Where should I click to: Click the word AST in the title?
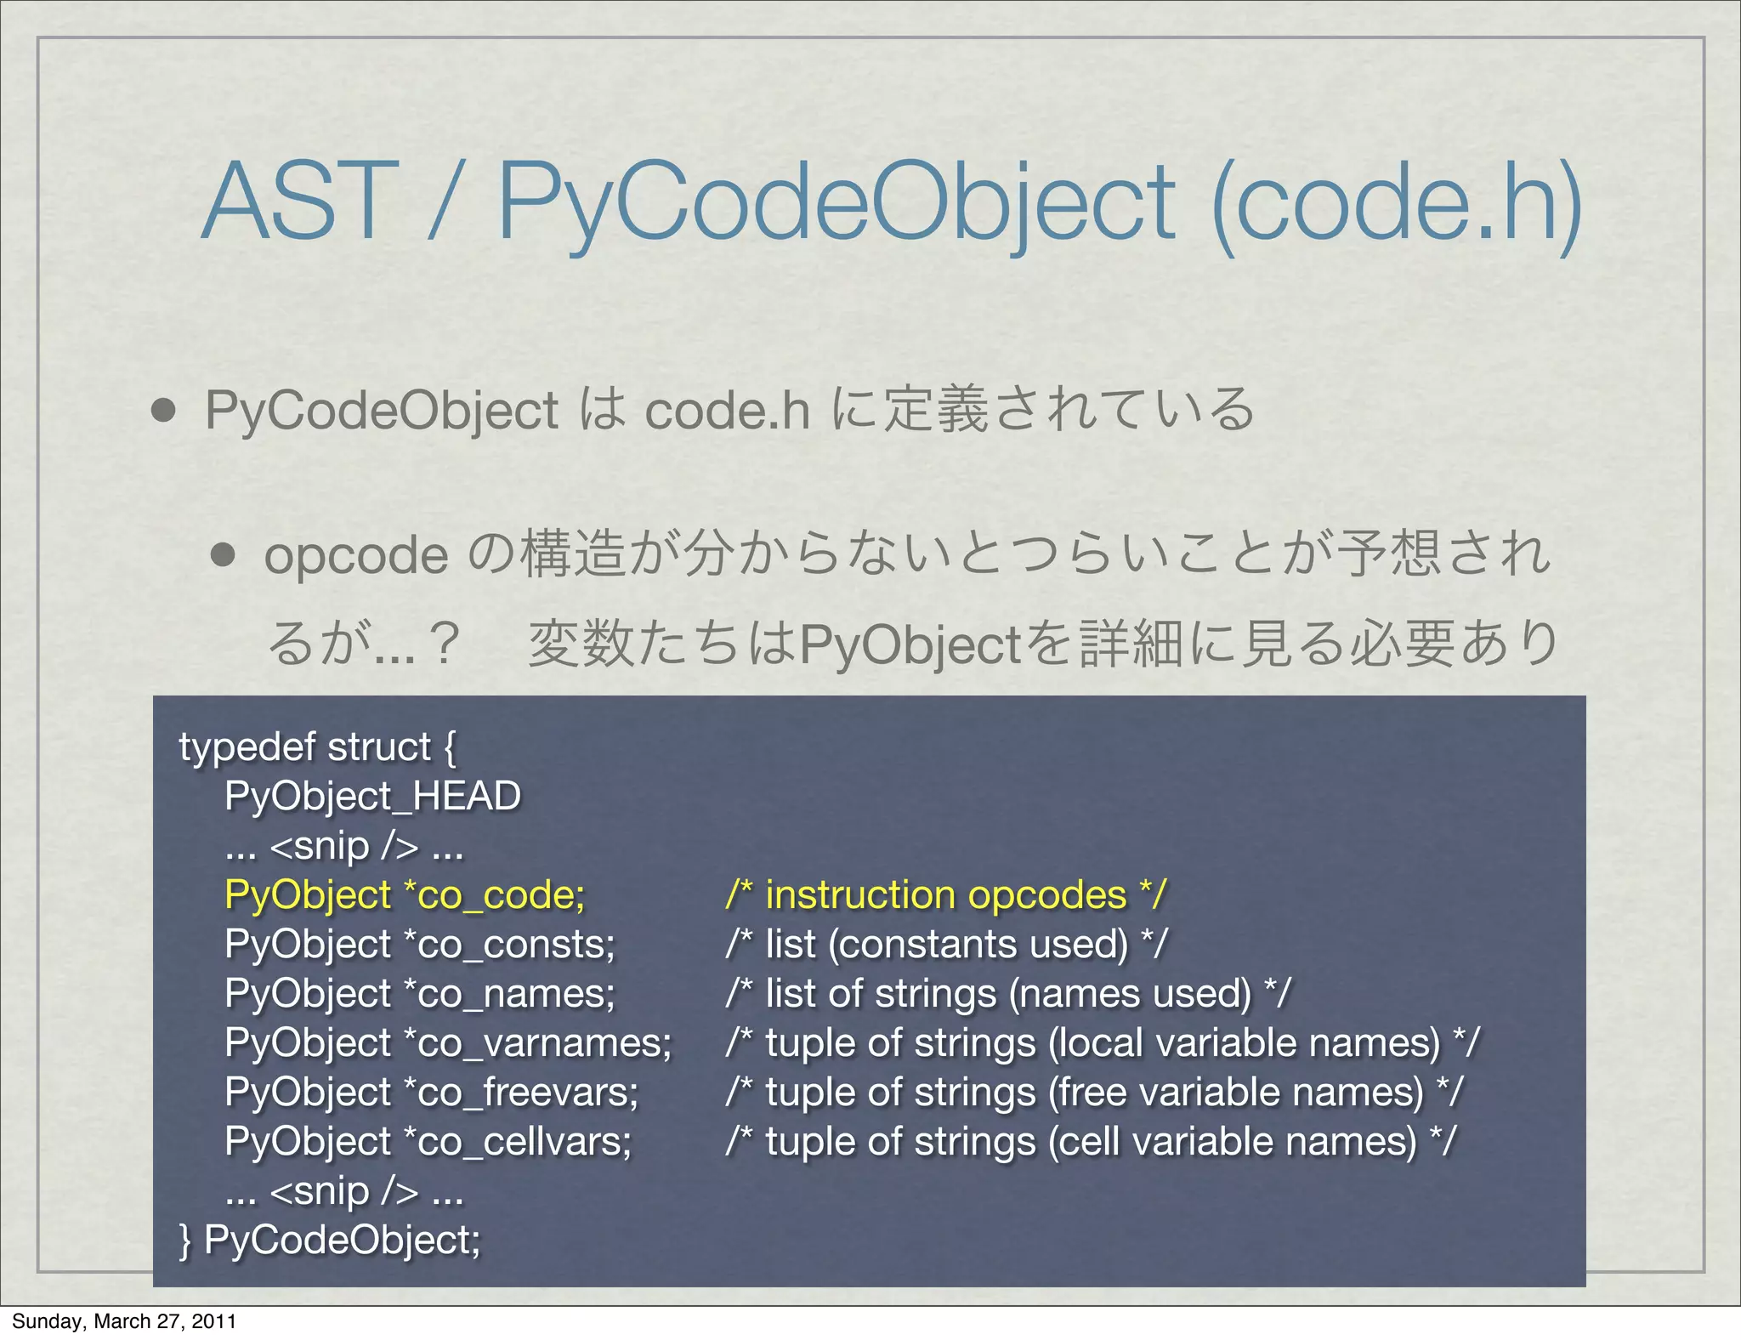pyautogui.click(x=300, y=202)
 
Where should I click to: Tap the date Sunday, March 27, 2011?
pyautogui.click(x=124, y=1320)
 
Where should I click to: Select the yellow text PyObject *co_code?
pyautogui.click(x=405, y=895)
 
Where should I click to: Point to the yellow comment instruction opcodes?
pyautogui.click(x=945, y=895)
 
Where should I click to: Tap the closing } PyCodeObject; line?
pyautogui.click(x=330, y=1240)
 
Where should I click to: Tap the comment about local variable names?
pyautogui.click(x=1103, y=1043)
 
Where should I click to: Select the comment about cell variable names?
pyautogui.click(x=1091, y=1142)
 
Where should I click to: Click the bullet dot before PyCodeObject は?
pyautogui.click(x=162, y=411)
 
